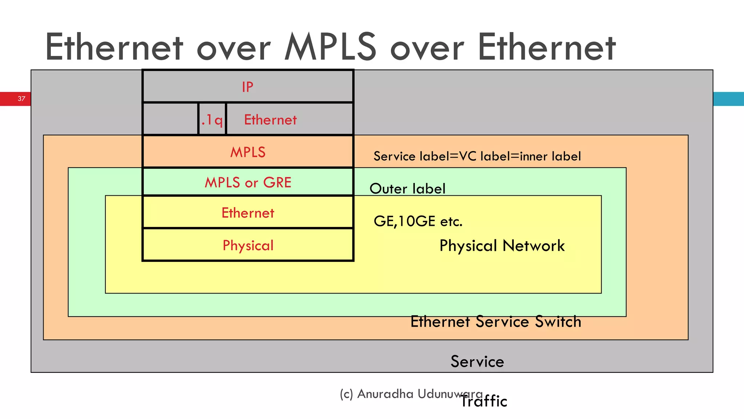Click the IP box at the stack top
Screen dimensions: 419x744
248,87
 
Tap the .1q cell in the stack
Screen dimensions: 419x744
212,119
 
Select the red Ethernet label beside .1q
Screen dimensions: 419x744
270,120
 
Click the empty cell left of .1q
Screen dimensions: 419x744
170,119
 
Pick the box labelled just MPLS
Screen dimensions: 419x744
248,152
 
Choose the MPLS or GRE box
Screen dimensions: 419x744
248,182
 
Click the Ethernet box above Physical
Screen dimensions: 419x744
248,213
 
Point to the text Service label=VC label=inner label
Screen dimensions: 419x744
477,156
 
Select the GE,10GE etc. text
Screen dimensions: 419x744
418,221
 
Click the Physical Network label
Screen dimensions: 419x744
502,246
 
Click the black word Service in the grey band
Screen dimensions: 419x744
477,362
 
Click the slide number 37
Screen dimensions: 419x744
21,99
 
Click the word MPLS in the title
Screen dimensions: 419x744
330,47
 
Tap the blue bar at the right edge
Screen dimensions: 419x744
728,99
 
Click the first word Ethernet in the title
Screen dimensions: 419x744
114,47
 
